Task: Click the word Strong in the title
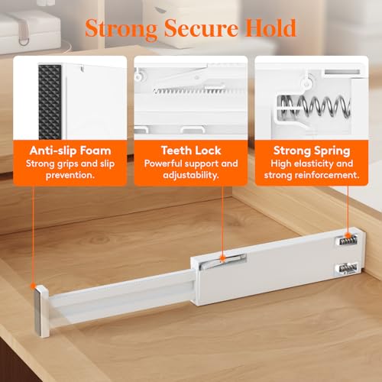click(x=117, y=29)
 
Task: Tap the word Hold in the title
click(x=267, y=29)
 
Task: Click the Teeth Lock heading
click(x=190, y=150)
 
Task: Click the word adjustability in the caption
click(x=190, y=175)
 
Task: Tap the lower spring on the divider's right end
click(x=346, y=269)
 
